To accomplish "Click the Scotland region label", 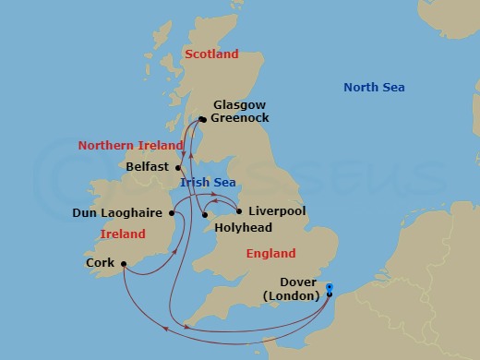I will coord(211,54).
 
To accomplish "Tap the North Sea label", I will coord(374,88).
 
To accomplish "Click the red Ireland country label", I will coord(123,234).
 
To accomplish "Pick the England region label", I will coord(270,253).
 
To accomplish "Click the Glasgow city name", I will coord(239,105).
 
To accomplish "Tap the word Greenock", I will coord(242,119).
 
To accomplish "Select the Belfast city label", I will coord(147,167).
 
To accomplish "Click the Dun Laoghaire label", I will coord(117,213).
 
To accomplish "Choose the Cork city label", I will coord(99,263).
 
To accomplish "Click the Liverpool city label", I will coord(277,211).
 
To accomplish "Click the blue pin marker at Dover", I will coord(330,294).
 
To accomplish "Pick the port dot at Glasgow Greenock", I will coord(201,118).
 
